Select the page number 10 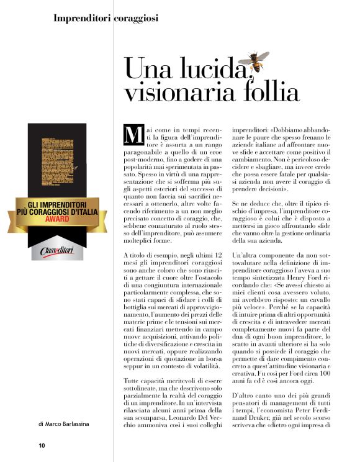pyautogui.click(x=42, y=445)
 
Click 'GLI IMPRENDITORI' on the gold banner pyautogui.click(x=56, y=205)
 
